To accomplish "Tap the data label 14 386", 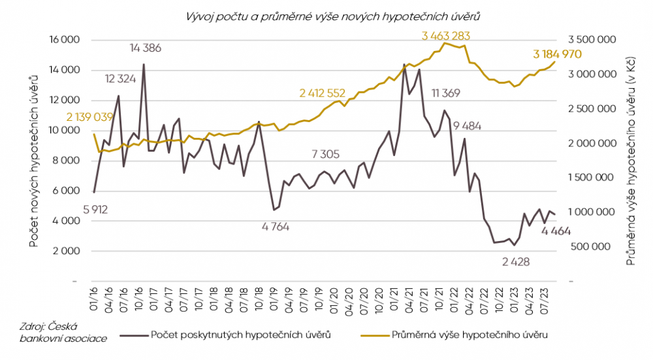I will pos(146,48).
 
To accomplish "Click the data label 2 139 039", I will pos(90,117).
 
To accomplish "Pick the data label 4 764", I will pos(275,227).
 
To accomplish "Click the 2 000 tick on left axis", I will pos(67,252).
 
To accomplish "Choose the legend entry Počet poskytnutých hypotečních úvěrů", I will pos(238,335).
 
